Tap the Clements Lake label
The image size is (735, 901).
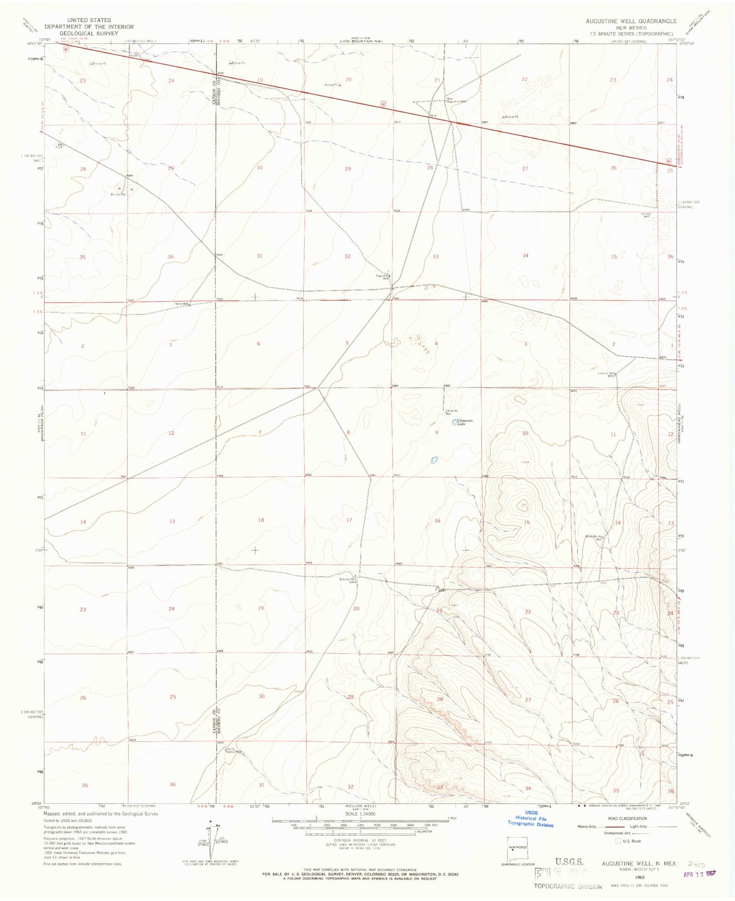pos(464,422)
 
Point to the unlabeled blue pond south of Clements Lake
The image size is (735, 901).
pos(434,460)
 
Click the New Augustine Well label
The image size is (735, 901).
pos(456,100)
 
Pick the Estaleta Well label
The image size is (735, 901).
pos(349,579)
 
